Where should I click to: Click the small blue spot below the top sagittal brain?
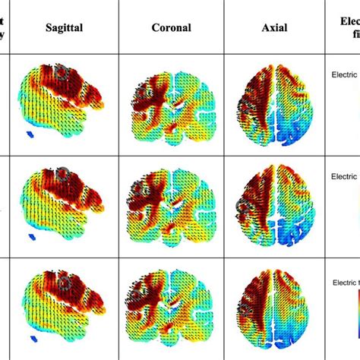coord(30,137)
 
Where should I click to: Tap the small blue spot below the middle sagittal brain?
coord(30,237)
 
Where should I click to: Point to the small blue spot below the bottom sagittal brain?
coord(30,338)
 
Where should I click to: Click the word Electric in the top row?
coord(346,75)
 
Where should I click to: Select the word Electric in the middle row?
coord(346,175)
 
